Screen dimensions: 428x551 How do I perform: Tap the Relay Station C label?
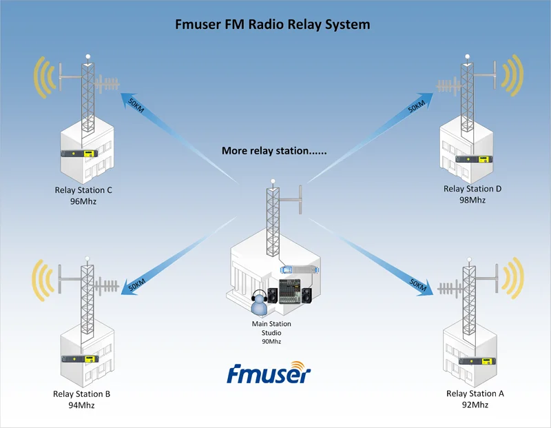(x=83, y=190)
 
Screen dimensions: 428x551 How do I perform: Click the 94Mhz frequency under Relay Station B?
(x=81, y=405)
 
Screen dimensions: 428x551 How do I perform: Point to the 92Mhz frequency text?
(x=475, y=405)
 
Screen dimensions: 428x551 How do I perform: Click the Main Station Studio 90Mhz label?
(x=271, y=332)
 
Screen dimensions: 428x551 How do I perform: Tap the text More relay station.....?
(x=274, y=150)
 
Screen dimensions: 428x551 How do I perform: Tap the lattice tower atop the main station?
(x=273, y=217)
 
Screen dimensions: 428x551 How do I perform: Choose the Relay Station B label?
(x=81, y=394)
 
